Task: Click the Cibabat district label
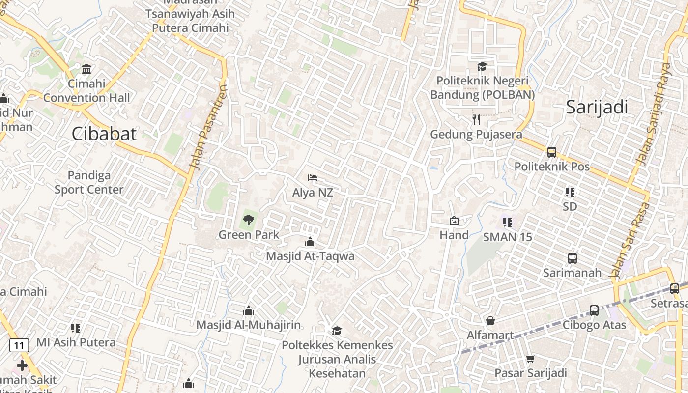pyautogui.click(x=104, y=134)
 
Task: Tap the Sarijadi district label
pyautogui.click(x=597, y=107)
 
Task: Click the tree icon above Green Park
pyautogui.click(x=249, y=220)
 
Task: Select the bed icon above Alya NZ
pyautogui.click(x=313, y=178)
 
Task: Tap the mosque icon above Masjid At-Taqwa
pyautogui.click(x=310, y=242)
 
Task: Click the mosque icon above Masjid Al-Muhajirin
pyautogui.click(x=249, y=310)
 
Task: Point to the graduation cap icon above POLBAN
pyautogui.click(x=482, y=66)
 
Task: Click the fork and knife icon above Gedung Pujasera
pyautogui.click(x=476, y=120)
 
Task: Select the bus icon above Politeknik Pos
pyautogui.click(x=552, y=152)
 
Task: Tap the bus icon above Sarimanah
pyautogui.click(x=572, y=258)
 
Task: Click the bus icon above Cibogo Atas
pyautogui.click(x=594, y=310)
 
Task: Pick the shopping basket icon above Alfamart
pyautogui.click(x=490, y=321)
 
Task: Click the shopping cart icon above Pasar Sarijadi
pyautogui.click(x=530, y=359)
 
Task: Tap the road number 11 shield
pyautogui.click(x=19, y=345)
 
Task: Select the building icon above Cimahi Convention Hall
pyautogui.click(x=86, y=69)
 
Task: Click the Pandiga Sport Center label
pyautogui.click(x=89, y=182)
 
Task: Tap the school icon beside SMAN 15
pyautogui.click(x=508, y=223)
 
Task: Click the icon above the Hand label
pyautogui.click(x=454, y=221)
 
